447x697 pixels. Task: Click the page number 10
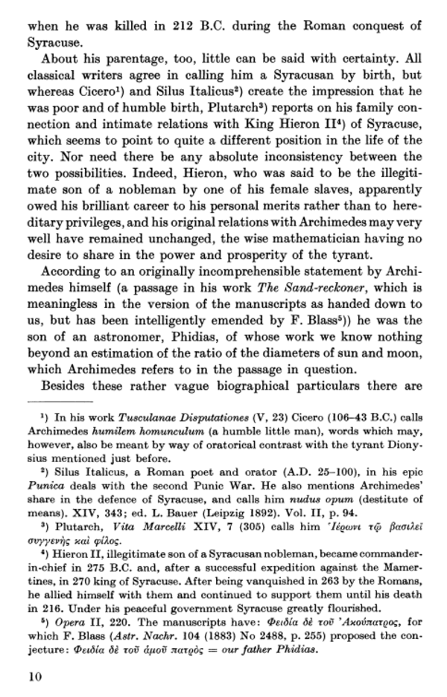(x=34, y=676)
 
